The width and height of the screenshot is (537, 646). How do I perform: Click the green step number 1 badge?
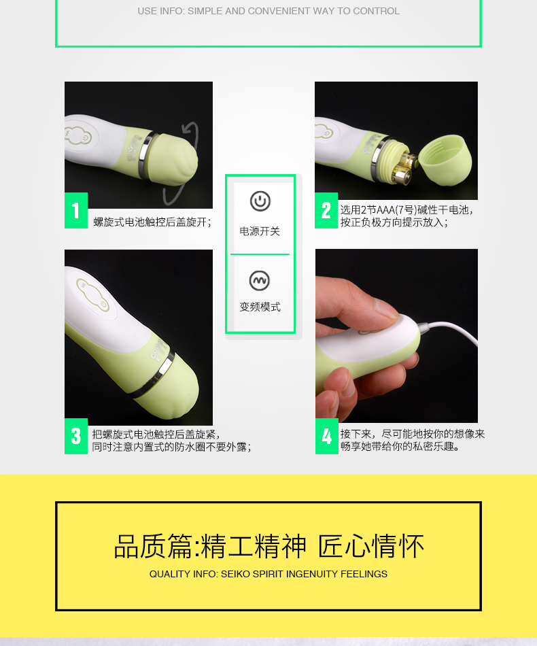[x=76, y=210]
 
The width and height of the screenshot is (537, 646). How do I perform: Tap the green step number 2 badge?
[x=326, y=210]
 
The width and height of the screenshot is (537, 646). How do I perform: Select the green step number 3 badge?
[x=76, y=437]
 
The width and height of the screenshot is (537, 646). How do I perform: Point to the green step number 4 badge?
[x=326, y=437]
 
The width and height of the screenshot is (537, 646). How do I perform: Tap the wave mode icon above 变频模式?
[x=260, y=281]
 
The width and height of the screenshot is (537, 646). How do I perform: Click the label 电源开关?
[x=260, y=231]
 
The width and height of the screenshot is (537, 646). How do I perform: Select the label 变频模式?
[x=260, y=307]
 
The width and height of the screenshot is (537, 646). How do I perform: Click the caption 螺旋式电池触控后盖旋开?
[x=152, y=222]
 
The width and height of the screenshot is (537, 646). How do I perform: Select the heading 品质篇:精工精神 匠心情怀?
[x=268, y=547]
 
